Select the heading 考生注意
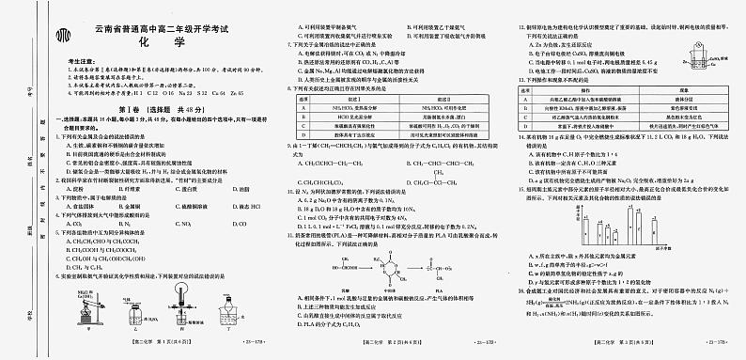(79, 61)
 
